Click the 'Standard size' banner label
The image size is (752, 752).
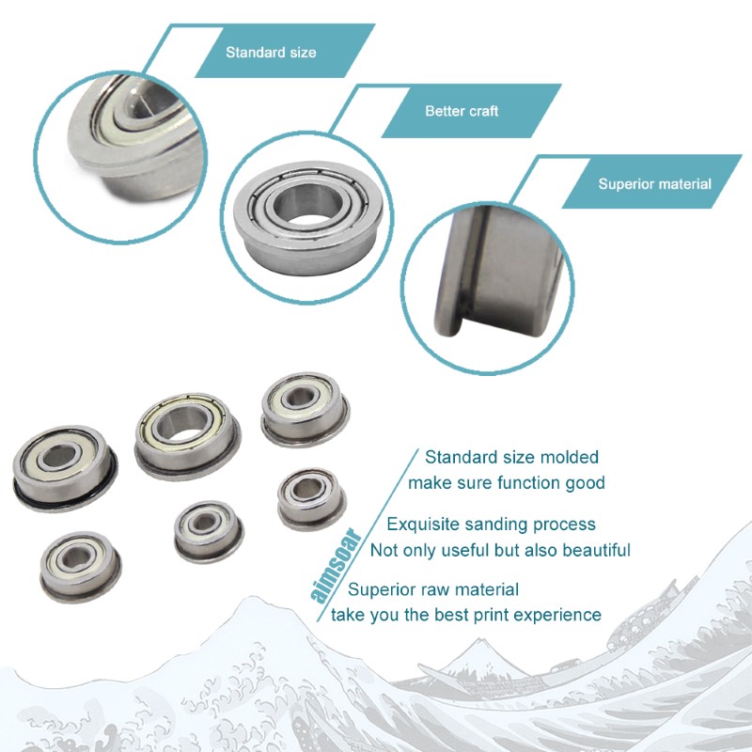click(x=271, y=53)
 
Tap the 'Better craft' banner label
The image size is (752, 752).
click(x=462, y=111)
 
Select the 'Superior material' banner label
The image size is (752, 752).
click(x=654, y=184)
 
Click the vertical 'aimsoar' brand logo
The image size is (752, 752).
click(x=336, y=565)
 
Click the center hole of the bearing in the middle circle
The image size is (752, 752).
click(x=308, y=204)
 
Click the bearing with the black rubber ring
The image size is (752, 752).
click(x=65, y=468)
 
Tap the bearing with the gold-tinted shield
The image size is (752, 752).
click(x=187, y=435)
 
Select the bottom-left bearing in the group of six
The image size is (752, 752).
click(x=81, y=567)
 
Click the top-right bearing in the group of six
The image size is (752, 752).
click(x=305, y=410)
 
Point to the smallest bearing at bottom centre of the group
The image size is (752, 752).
click(x=209, y=531)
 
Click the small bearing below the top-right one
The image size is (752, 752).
click(x=312, y=499)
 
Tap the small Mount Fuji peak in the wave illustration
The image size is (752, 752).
click(x=481, y=645)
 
